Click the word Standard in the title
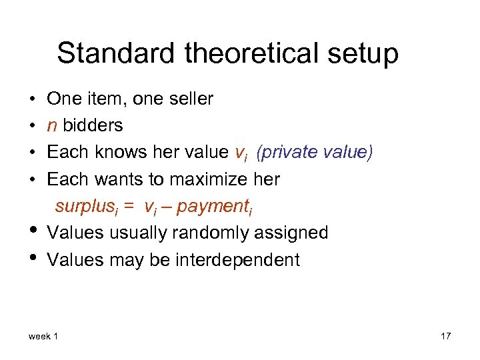pos(106,53)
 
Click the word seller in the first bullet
pos(191,99)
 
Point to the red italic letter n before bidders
pos(51,126)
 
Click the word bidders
pos(93,125)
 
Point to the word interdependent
pos(237,259)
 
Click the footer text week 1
pos(43,336)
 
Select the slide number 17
pos(445,336)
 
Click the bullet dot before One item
pos(32,100)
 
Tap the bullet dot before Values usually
pos(32,231)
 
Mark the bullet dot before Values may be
pos(32,258)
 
